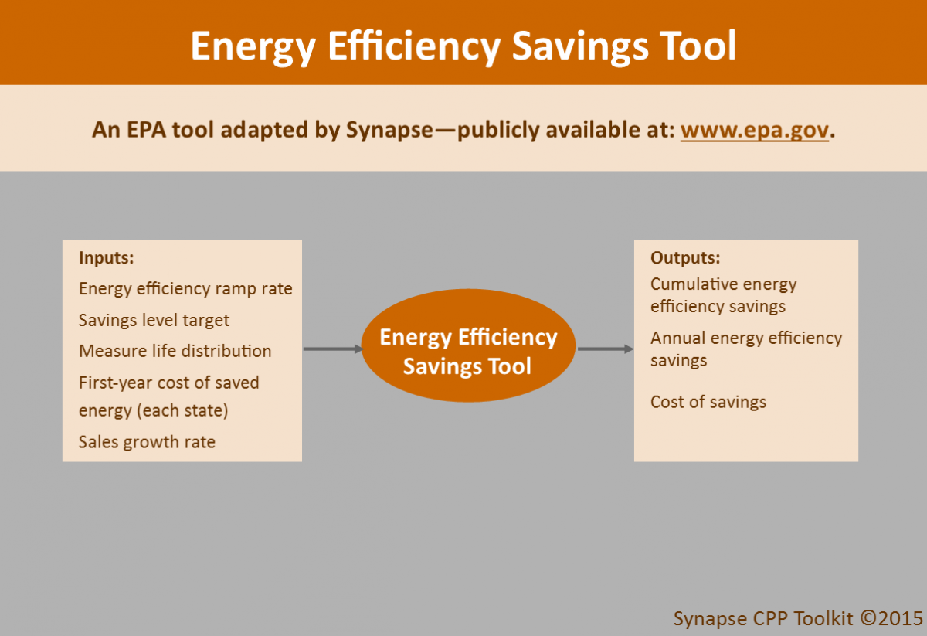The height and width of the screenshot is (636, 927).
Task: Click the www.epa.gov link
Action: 754,130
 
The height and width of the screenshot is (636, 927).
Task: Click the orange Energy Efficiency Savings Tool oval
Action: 468,351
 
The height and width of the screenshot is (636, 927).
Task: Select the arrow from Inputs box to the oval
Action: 332,349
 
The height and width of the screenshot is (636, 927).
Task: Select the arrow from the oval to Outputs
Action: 605,349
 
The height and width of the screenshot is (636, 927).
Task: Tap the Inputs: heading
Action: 106,258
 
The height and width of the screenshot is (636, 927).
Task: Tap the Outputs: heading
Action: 685,257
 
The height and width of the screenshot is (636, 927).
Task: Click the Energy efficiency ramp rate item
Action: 185,289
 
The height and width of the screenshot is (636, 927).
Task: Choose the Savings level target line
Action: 154,320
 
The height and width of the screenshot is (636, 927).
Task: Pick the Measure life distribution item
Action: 175,351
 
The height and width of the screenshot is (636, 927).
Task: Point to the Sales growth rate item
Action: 147,442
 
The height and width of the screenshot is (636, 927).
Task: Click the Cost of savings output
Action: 708,402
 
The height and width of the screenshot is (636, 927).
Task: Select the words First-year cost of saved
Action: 168,383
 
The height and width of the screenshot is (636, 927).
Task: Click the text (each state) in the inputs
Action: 182,410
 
